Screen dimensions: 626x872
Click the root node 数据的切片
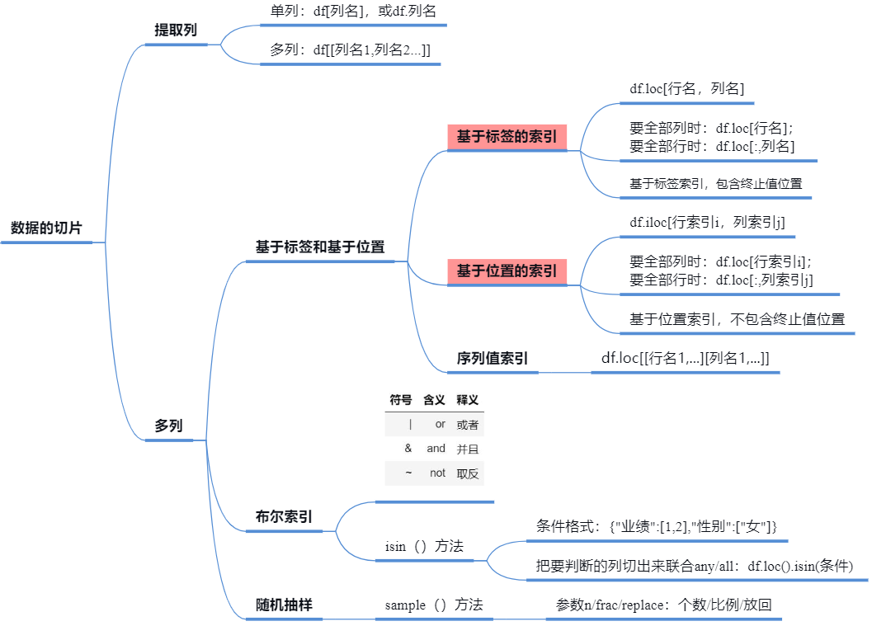(46, 228)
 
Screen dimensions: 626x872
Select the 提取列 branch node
(176, 31)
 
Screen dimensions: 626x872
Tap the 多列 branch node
(168, 426)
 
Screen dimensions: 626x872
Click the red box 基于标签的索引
(507, 137)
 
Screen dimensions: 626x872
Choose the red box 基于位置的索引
(507, 271)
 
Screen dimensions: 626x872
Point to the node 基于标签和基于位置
(320, 247)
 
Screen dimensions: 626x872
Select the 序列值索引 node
(493, 359)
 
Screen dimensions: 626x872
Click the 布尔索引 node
(284, 517)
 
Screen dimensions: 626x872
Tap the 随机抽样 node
(284, 605)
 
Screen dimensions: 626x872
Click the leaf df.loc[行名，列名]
(686, 89)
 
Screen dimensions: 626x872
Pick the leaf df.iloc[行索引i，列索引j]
(707, 222)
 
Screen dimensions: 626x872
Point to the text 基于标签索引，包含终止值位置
(715, 184)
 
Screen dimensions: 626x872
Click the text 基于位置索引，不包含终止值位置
(737, 319)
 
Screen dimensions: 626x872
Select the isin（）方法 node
(424, 546)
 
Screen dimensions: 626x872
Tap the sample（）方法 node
(433, 605)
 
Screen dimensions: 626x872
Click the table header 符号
(401, 400)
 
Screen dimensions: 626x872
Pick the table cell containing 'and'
(436, 449)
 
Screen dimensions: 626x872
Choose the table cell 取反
(467, 473)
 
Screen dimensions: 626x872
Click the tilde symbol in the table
(408, 473)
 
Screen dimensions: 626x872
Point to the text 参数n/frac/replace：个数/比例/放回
(663, 605)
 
